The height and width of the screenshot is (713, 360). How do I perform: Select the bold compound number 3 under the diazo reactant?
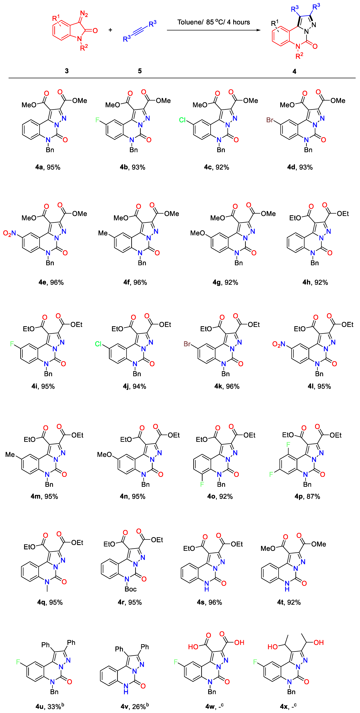pyautogui.click(x=67, y=71)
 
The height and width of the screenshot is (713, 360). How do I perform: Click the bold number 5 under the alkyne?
pyautogui.click(x=140, y=71)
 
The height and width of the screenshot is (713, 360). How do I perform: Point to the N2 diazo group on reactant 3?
pyautogui.click(x=84, y=14)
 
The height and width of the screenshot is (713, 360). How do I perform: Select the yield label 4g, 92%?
pyautogui.click(x=225, y=282)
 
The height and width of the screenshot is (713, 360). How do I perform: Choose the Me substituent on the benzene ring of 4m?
pyautogui.click(x=10, y=454)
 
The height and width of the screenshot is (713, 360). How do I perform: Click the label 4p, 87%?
pyautogui.click(x=307, y=496)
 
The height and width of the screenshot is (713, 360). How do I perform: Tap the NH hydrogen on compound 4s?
pyautogui.click(x=206, y=590)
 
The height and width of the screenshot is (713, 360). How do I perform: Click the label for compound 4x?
pyautogui.click(x=288, y=706)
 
